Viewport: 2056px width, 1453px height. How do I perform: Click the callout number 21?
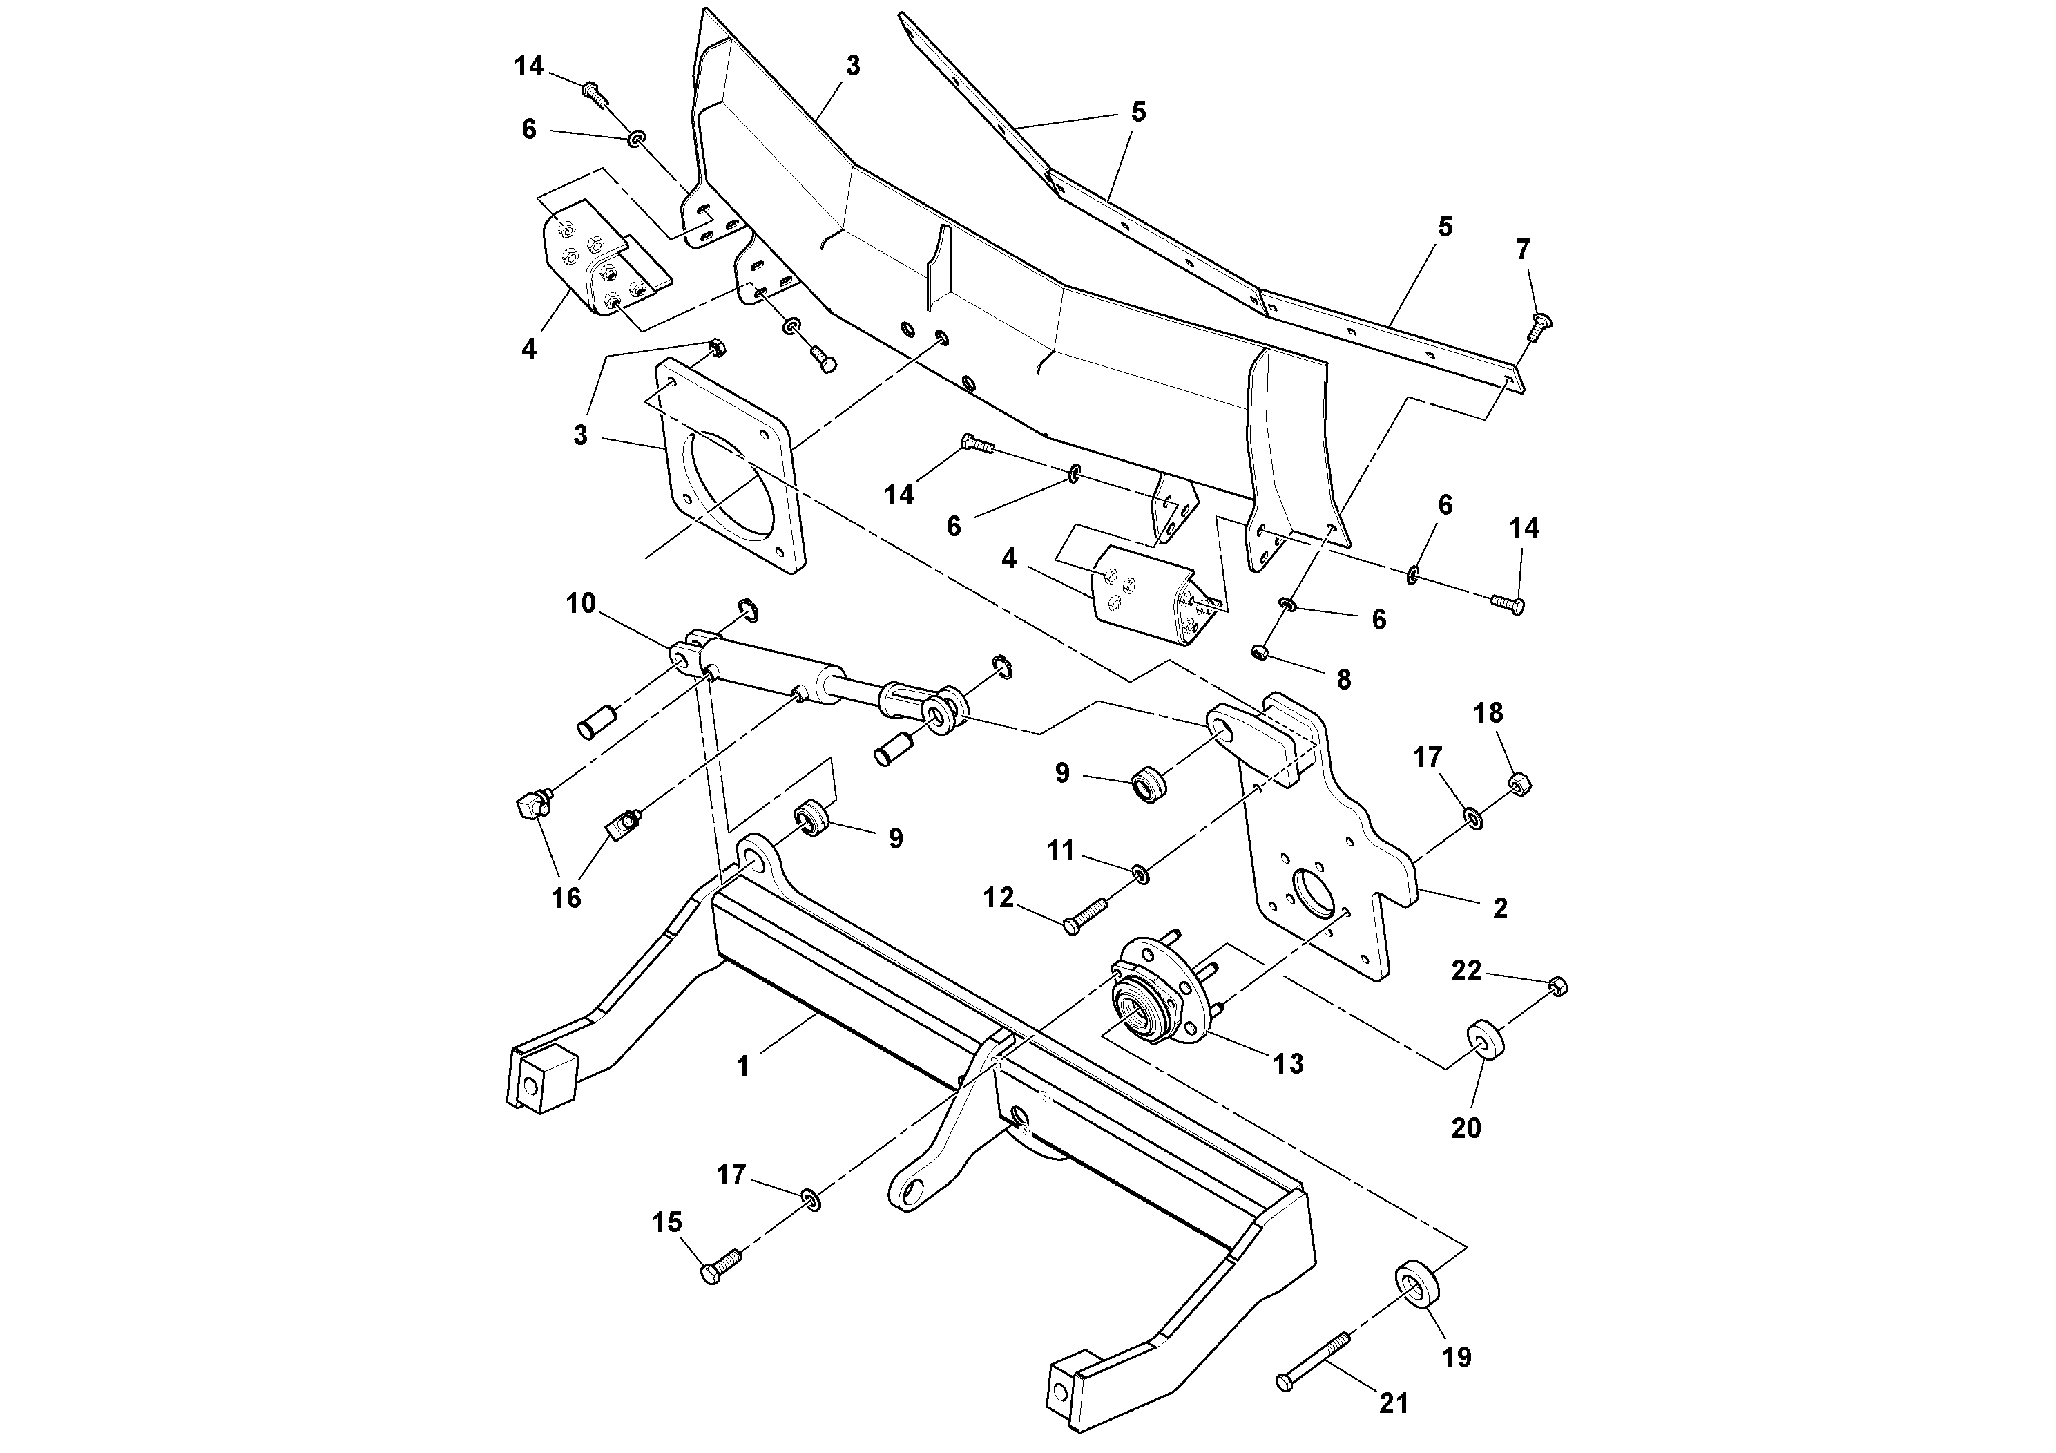pos(1394,1404)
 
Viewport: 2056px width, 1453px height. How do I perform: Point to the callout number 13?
pos(1289,1063)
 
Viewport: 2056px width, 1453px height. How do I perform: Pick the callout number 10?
pos(580,604)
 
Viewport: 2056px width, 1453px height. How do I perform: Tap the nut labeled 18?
pos(1519,786)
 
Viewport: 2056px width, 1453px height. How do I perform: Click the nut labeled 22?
pos(1558,986)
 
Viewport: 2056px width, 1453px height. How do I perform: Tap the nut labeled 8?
pos(1257,652)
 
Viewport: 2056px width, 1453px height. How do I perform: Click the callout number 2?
pos(1501,909)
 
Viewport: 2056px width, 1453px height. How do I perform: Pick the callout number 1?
pos(742,1067)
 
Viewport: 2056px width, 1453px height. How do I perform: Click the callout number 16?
pos(566,897)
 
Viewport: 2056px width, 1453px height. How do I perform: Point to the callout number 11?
pos(1061,849)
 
